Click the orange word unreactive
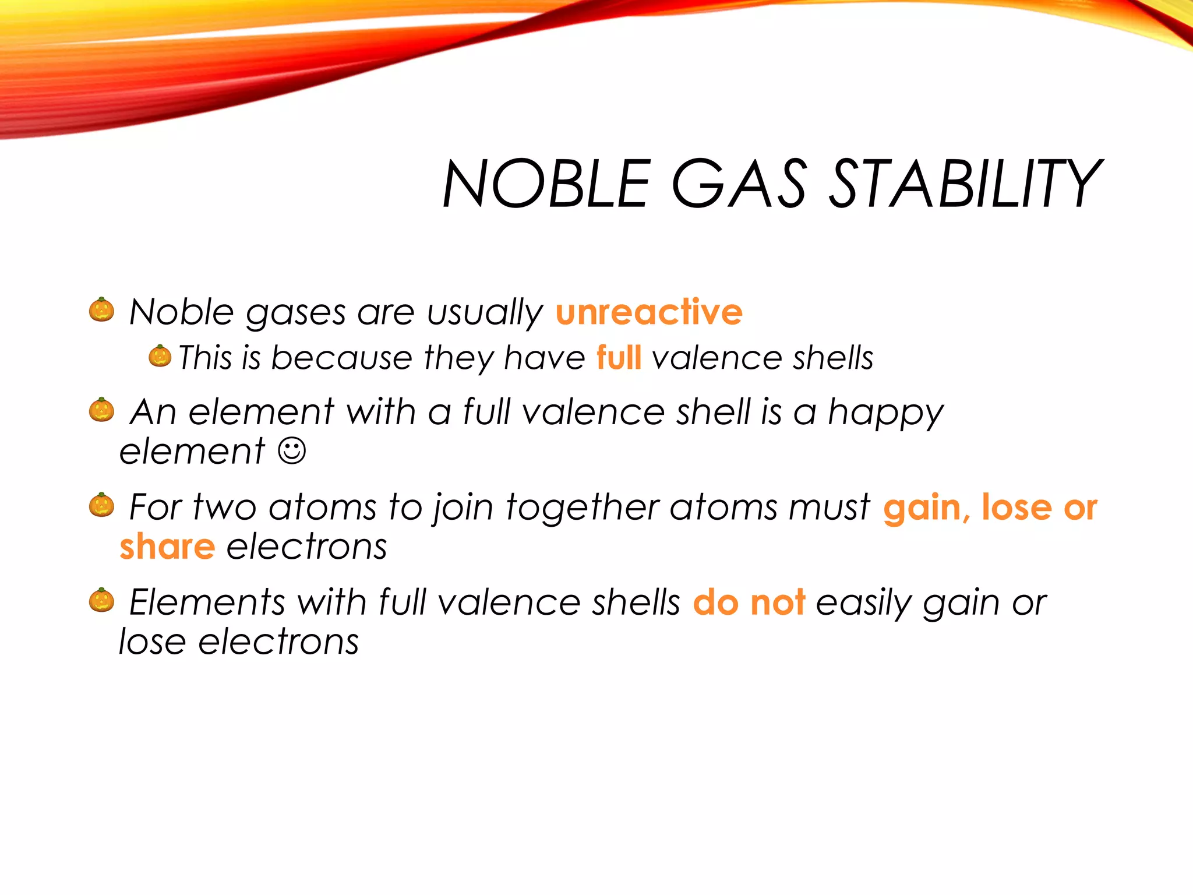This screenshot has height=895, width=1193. pyautogui.click(x=649, y=312)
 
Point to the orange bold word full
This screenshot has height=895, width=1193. pyautogui.click(x=619, y=357)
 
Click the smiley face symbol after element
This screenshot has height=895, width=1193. pyautogui.click(x=292, y=451)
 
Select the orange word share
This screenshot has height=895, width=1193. pyautogui.click(x=167, y=547)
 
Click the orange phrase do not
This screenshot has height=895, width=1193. pyautogui.click(x=749, y=602)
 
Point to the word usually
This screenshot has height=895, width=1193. pyautogui.click(x=485, y=313)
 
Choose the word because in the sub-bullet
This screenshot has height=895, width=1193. pyautogui.click(x=342, y=357)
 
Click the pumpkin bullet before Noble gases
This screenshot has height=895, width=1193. pyautogui.click(x=101, y=309)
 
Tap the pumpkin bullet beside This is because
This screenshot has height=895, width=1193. pyautogui.click(x=160, y=356)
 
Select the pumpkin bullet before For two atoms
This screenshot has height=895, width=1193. pyautogui.click(x=101, y=505)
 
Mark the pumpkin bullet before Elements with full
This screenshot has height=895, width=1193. pyautogui.click(x=101, y=600)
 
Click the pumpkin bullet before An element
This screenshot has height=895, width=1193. pyautogui.click(x=101, y=410)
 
